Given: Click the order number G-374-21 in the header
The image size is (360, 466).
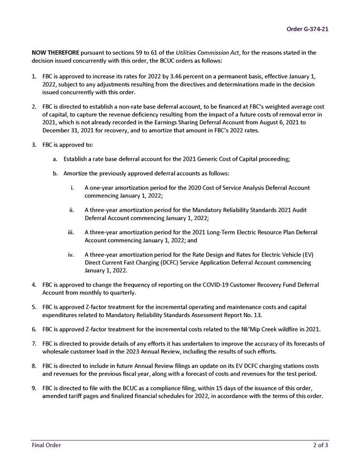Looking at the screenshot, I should [307, 28].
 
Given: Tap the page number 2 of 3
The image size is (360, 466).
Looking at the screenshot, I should [320, 445].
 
